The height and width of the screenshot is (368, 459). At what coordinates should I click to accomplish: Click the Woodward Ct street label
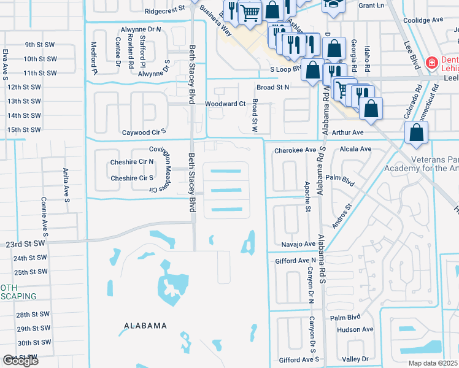tap(225, 104)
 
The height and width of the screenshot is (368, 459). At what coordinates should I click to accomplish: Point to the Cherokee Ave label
tap(295, 150)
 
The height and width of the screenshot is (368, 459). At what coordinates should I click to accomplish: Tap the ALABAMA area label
tap(145, 326)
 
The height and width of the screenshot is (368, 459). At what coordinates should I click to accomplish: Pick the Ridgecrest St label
tap(165, 11)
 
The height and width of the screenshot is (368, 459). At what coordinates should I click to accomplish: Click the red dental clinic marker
tap(432, 63)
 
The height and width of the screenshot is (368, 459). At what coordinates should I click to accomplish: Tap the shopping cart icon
tap(250, 12)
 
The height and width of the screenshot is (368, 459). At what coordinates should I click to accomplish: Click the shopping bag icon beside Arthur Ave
tap(417, 133)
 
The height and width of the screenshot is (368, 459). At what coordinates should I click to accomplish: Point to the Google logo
tap(20, 361)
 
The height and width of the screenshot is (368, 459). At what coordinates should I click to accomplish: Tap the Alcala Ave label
tap(357, 149)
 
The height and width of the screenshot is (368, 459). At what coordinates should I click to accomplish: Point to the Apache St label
tap(307, 196)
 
